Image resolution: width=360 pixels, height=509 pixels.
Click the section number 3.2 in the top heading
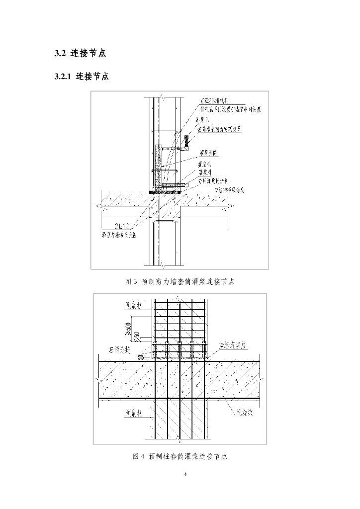point(59,53)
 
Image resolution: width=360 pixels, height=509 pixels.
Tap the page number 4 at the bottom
point(185,475)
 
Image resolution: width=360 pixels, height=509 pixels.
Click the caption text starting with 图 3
point(180,281)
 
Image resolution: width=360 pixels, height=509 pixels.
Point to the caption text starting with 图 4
point(180,456)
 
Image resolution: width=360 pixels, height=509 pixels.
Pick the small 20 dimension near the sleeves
point(141,356)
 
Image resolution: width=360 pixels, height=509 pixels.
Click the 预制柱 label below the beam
point(132,413)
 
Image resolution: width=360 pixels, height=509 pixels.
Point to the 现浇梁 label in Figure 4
point(244,413)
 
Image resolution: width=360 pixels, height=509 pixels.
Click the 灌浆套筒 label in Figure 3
point(209,153)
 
